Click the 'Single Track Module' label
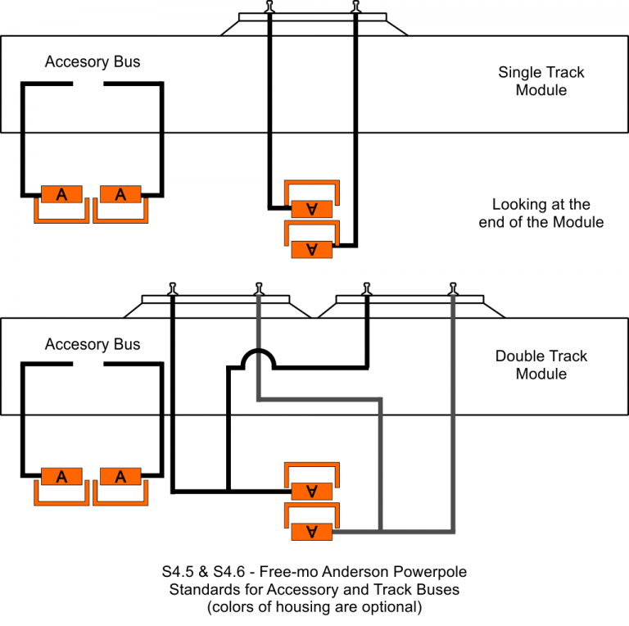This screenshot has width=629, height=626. (541, 81)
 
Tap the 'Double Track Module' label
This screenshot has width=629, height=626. (541, 365)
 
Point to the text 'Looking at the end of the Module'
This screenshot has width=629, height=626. (541, 213)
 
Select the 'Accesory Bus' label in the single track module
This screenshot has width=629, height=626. (93, 62)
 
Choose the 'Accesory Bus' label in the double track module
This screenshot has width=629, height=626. (93, 344)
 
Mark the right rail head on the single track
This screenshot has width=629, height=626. (355, 7)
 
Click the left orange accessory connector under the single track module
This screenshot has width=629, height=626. (61, 194)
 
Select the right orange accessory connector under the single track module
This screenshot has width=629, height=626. (120, 194)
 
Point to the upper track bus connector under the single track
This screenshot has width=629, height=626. (311, 209)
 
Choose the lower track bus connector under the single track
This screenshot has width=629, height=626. (311, 249)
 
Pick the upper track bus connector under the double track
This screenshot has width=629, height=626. (311, 491)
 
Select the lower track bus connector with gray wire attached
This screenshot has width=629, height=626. (311, 531)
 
